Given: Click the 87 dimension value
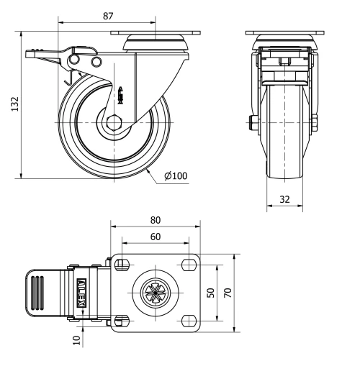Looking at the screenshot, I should (109, 15).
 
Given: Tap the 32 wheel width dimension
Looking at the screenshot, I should (286, 199).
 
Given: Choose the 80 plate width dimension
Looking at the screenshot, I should (155, 220).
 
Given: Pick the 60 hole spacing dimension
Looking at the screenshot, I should (155, 237).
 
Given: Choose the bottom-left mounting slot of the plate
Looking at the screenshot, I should (122, 319).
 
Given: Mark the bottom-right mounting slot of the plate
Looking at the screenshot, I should (190, 319).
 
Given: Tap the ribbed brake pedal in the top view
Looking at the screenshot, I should (42, 292).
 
